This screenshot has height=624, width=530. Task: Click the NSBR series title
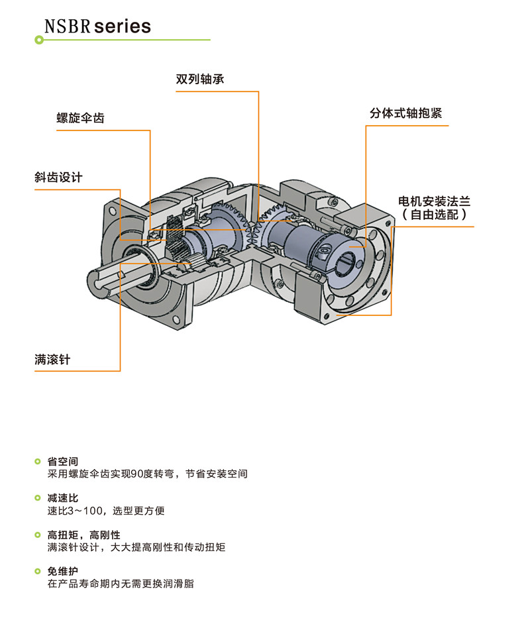(97, 26)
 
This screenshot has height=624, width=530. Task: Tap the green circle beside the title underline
(39, 40)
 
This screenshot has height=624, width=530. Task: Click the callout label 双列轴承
(200, 79)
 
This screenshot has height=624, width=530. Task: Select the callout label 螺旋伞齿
(80, 118)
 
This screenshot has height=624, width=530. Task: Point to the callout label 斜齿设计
(58, 177)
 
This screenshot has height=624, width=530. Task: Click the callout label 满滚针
(52, 359)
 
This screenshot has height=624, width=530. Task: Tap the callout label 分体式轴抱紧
(406, 113)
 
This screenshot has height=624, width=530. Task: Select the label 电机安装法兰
(434, 201)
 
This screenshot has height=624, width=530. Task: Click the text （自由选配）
(434, 215)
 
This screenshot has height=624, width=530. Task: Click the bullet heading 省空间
(63, 461)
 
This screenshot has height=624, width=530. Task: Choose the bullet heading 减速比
(63, 498)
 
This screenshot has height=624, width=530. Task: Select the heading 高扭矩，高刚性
(83, 535)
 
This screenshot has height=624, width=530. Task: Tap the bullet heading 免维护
(63, 572)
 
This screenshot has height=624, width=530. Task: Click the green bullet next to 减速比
(38, 498)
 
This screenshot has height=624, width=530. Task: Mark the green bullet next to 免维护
(38, 572)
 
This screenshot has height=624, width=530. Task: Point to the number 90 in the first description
(136, 474)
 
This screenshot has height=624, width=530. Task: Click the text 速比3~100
(75, 511)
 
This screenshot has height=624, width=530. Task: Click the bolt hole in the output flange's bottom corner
(176, 319)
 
